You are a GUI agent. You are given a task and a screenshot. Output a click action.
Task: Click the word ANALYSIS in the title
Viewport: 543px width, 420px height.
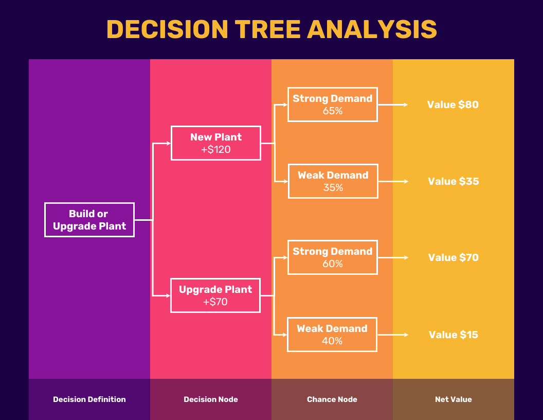[372, 29]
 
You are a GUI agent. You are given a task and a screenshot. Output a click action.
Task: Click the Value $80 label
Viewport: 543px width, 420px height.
[453, 104]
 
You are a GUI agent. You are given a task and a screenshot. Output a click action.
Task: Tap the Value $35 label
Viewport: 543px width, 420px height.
[454, 181]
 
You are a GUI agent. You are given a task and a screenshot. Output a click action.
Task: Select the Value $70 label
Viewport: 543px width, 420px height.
[454, 257]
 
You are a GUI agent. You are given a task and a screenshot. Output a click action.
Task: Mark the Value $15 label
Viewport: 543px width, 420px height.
[454, 335]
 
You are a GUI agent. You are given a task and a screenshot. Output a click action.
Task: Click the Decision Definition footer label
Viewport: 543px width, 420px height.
[89, 399]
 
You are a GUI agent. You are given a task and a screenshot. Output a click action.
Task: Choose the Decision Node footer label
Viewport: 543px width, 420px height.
[211, 399]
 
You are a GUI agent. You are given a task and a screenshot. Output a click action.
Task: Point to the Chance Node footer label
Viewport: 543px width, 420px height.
[332, 399]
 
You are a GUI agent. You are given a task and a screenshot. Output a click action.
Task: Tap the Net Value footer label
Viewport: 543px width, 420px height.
[454, 399]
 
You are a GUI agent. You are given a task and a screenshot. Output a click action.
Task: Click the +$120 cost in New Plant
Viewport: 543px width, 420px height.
[216, 149]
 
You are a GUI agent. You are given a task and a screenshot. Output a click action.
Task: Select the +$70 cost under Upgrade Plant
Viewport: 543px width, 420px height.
[215, 302]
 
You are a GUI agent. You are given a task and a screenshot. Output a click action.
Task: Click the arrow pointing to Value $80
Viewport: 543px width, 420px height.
[393, 104]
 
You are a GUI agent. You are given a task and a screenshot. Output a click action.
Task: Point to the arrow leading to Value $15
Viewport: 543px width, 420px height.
[393, 335]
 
